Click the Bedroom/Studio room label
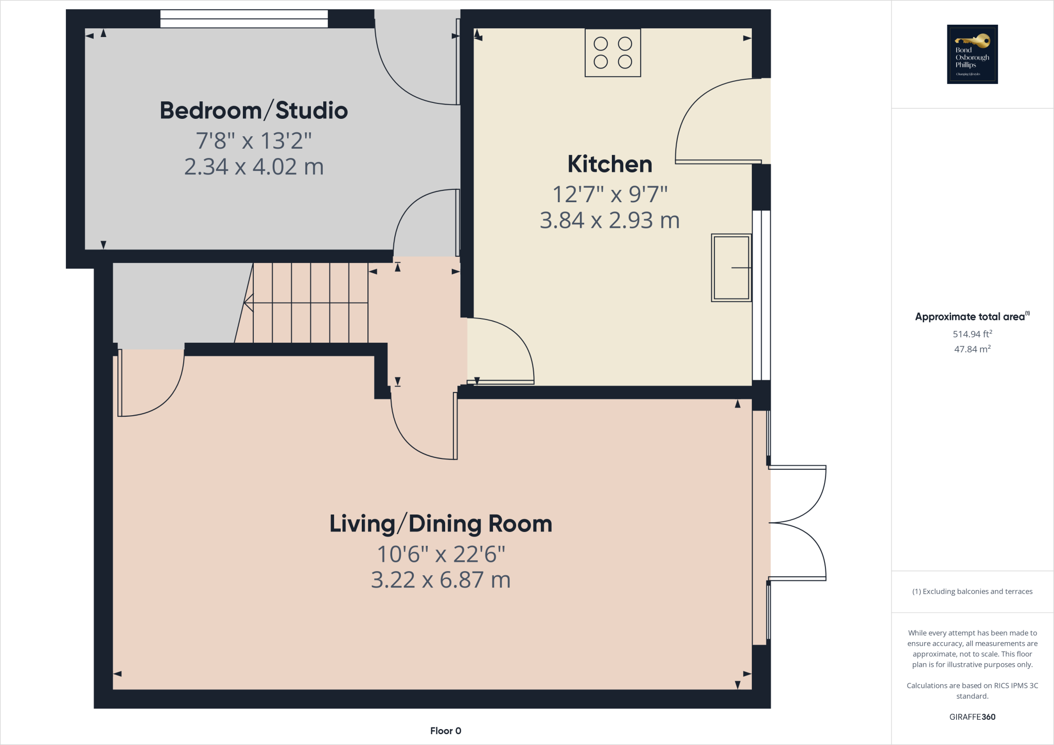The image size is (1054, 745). pos(254,111)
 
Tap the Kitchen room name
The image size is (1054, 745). pos(610,164)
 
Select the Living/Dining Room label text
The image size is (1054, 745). pos(441,524)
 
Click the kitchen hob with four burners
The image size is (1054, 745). pos(612,52)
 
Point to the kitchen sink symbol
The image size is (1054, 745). pos(731,268)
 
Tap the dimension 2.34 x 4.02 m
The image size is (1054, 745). pos(254,167)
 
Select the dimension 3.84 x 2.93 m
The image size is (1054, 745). pos(610,220)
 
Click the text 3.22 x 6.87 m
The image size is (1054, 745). pos(441,580)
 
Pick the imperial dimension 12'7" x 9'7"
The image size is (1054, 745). pos(610,194)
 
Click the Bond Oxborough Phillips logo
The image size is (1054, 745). pos(972,54)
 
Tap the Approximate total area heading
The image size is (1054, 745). pos(972,317)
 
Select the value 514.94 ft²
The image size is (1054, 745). pos(972,334)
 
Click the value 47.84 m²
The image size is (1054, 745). pos(972,349)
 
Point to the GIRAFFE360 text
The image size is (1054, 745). pos(972,717)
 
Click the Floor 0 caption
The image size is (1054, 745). pos(446,731)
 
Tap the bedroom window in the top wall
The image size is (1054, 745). pos(244,19)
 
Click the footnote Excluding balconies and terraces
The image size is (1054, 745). pos(972,591)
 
